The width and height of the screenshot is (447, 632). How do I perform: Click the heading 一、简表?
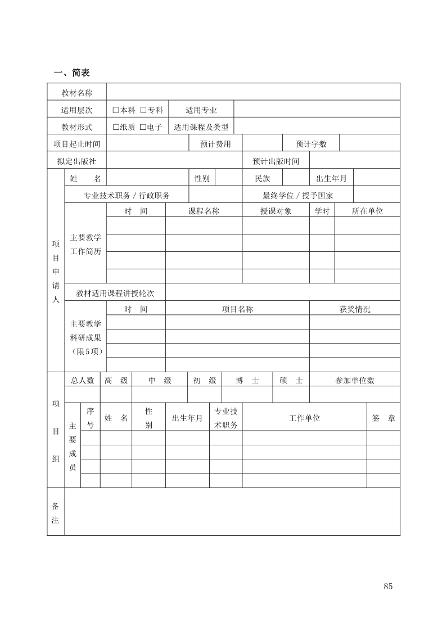click(x=71, y=73)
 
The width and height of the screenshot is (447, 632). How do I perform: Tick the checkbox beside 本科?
click(x=116, y=110)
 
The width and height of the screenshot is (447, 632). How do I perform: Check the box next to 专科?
click(x=143, y=110)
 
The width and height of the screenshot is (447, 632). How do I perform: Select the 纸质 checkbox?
click(x=116, y=127)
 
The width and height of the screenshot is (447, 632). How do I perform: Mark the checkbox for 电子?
click(x=143, y=127)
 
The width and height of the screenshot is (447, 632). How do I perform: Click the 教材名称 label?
click(x=76, y=93)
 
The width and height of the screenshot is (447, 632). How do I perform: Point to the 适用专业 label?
click(x=201, y=110)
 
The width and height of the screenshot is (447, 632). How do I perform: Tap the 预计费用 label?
click(x=215, y=144)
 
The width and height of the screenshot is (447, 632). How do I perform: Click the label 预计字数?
click(x=311, y=144)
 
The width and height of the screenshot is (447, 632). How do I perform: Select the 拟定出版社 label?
click(x=76, y=161)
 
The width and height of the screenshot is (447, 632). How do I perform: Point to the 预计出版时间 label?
click(x=276, y=161)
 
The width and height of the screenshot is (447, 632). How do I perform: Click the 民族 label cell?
click(x=263, y=178)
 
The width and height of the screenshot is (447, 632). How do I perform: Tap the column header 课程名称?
click(x=204, y=211)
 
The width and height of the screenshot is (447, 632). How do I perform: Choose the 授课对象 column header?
click(x=276, y=211)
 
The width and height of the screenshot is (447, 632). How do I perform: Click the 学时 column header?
click(x=322, y=211)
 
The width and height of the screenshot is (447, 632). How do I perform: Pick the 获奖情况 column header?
click(x=355, y=309)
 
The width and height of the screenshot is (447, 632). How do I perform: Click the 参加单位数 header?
click(x=355, y=380)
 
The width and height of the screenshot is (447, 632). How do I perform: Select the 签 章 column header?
click(x=383, y=418)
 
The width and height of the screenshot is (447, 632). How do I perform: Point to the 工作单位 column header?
click(x=304, y=418)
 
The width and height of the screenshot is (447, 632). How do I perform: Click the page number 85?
click(x=388, y=586)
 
